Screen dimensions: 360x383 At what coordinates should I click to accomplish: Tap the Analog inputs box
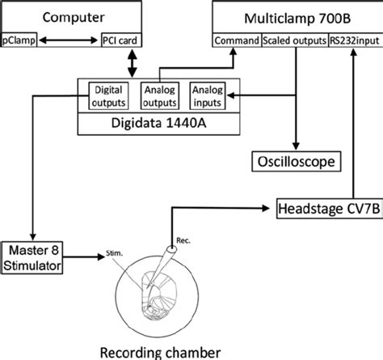click(208, 95)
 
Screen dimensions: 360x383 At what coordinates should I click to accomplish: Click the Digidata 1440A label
click(158, 124)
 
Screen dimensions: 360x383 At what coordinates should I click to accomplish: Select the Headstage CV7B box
click(327, 207)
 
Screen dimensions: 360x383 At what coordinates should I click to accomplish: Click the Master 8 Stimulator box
click(30, 259)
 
